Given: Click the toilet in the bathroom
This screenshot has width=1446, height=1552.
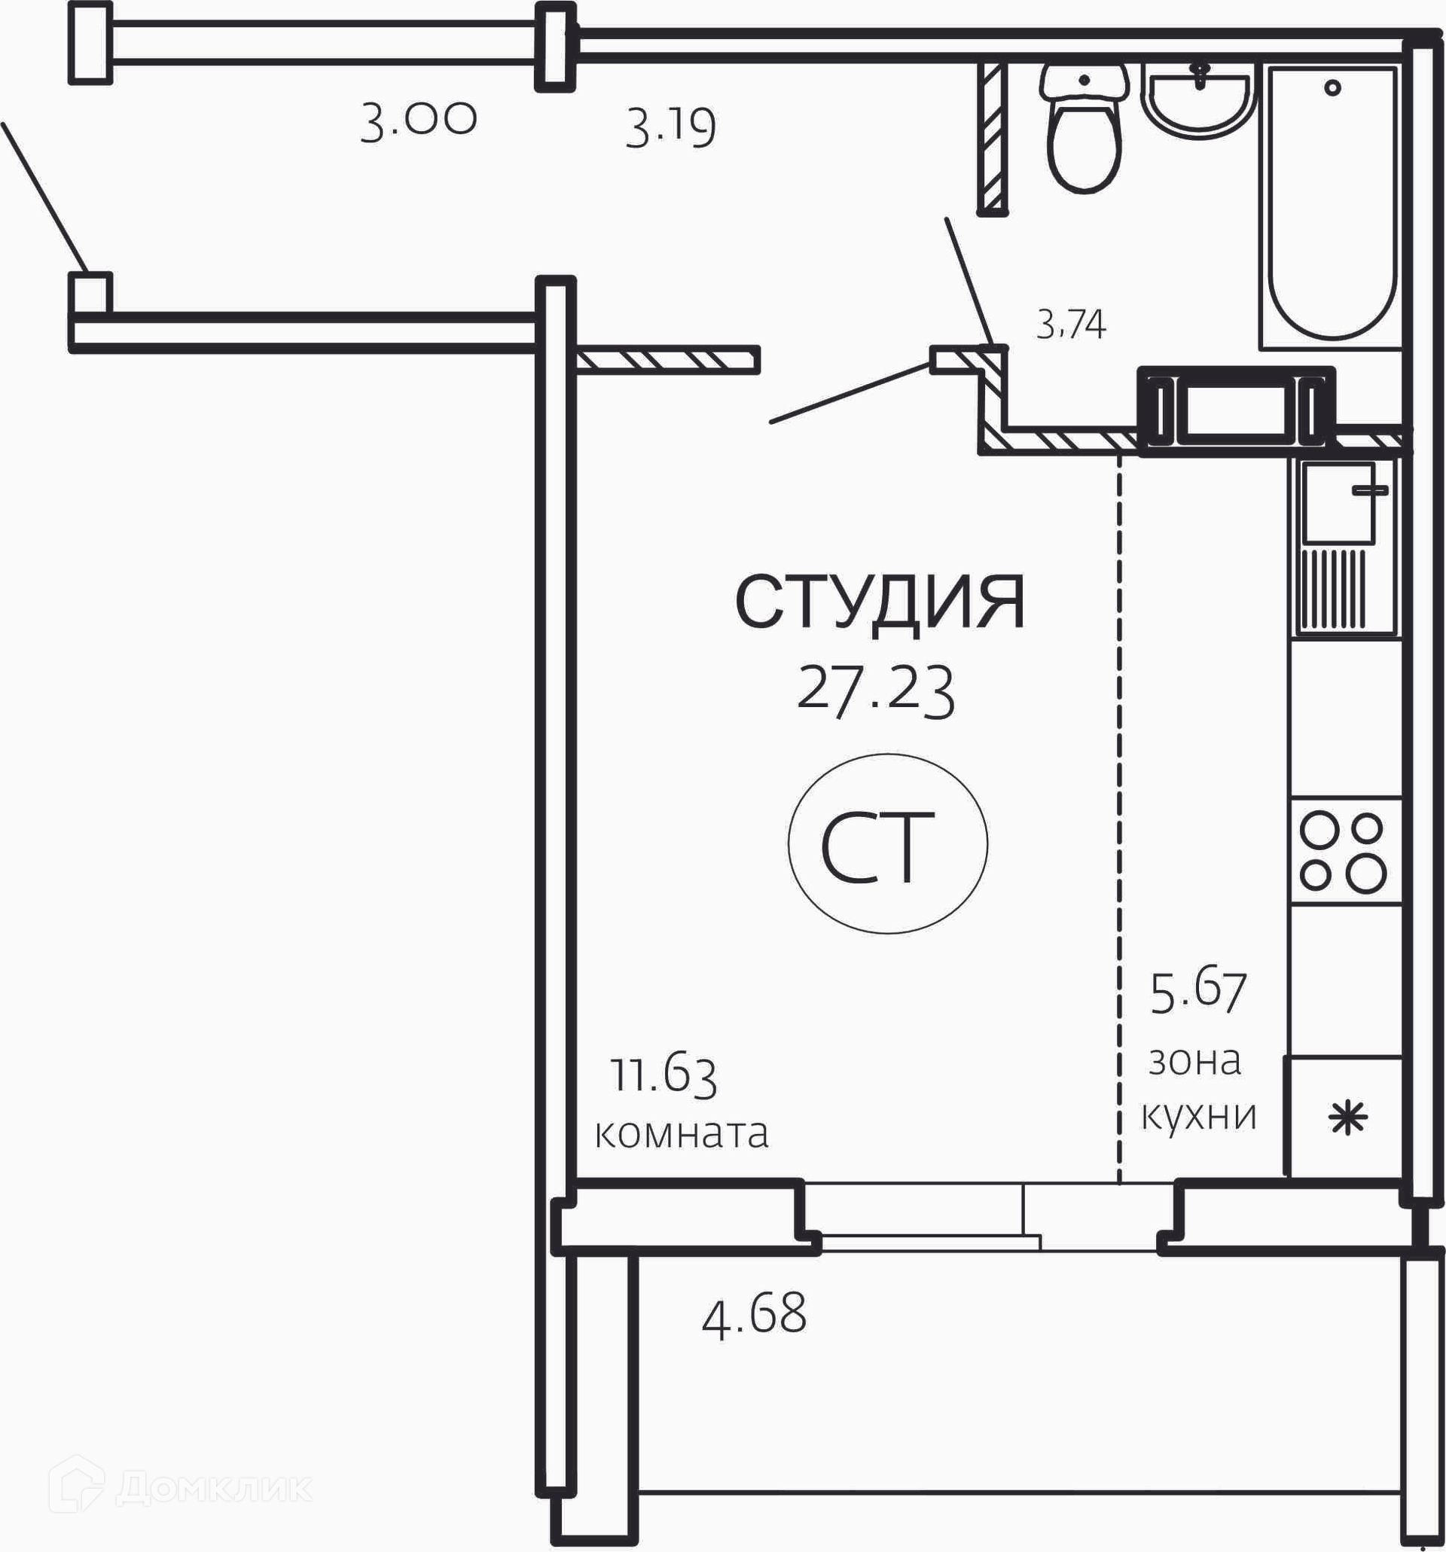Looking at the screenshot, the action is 1084,128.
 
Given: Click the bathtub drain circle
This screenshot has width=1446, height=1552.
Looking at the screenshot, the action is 1332,87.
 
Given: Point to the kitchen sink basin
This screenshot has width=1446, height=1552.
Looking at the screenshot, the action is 1338,502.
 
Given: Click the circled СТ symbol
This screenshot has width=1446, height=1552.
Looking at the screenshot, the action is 888,843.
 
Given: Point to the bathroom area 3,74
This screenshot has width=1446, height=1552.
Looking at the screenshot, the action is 1070,324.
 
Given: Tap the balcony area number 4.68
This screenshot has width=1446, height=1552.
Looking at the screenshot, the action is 753,1314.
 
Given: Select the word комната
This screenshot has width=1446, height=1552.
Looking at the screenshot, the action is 682,1133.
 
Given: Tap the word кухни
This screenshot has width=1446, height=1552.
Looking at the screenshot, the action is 1199,1117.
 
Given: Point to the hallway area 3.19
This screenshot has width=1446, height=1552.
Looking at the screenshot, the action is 671,127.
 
